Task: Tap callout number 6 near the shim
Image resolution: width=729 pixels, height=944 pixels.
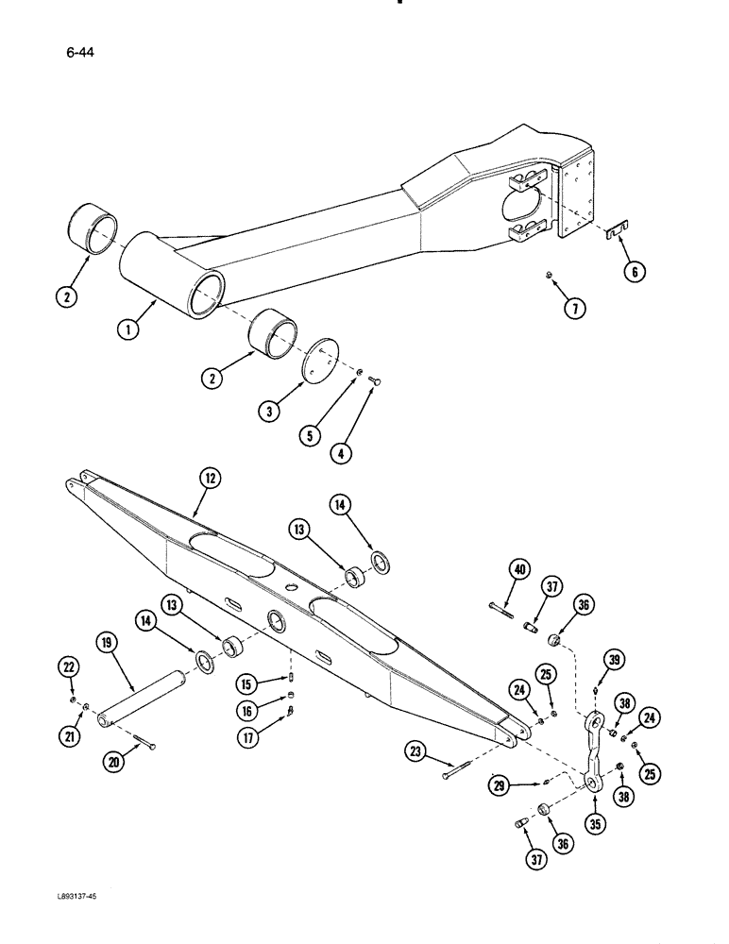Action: point(636,273)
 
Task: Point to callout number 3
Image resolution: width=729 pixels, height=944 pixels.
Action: point(270,413)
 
